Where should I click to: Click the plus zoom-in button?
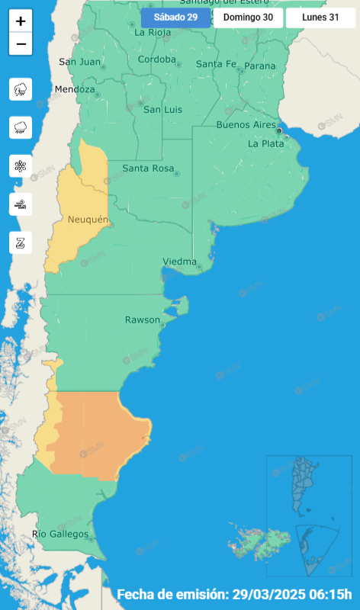[x=21, y=21]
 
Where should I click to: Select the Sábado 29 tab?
[x=175, y=18]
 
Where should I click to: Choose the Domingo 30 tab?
[x=248, y=18]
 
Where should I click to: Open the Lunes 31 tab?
[x=320, y=18]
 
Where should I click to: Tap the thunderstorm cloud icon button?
[x=21, y=89]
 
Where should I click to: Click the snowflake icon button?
[x=21, y=165]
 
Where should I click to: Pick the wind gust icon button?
[x=21, y=204]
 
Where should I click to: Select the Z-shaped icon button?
[x=21, y=242]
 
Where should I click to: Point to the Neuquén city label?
[x=89, y=220]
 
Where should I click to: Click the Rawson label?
[x=143, y=319]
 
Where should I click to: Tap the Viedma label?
[x=180, y=262]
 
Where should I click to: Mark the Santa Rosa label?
[x=146, y=168]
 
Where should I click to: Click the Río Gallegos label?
[x=60, y=534]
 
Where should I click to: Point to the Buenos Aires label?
[x=246, y=124]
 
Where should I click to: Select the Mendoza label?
[x=75, y=89]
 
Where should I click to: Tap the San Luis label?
[x=163, y=110]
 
